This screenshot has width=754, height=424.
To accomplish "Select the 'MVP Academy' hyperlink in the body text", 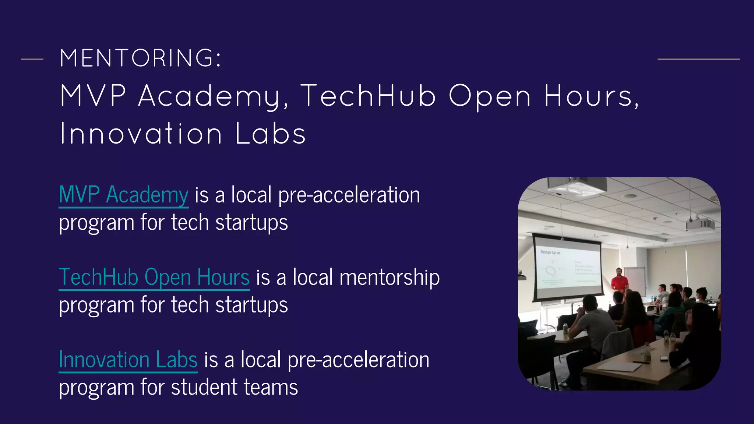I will point(124,195).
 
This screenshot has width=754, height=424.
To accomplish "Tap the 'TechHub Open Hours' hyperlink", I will point(154,277).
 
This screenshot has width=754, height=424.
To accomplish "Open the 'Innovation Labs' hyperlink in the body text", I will point(128,360).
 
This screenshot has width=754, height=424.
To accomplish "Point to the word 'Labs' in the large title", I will point(271,134).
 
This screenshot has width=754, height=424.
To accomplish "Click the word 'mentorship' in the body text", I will point(390,277).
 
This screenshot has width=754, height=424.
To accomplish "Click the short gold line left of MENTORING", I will point(32,59).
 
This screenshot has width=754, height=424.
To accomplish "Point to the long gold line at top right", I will point(698,59).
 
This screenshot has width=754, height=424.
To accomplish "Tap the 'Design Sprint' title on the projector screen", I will point(550,252).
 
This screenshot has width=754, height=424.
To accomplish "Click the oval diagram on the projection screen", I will point(551,271).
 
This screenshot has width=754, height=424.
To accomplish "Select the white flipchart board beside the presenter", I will point(635,280).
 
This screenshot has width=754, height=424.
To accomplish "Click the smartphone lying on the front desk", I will point(664,357).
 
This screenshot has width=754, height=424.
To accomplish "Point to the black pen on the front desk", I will point(641,362).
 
